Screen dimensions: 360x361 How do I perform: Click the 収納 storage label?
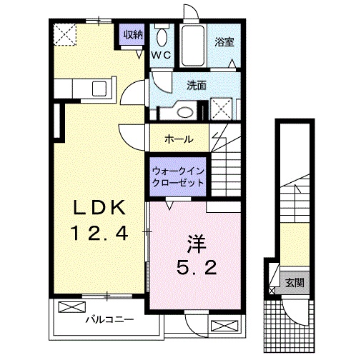(132, 34)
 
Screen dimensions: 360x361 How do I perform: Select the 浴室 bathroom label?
(224, 42)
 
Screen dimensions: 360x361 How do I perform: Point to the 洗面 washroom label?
(197, 85)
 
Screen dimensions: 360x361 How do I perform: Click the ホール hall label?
(179, 139)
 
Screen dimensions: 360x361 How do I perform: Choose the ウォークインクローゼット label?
(177, 176)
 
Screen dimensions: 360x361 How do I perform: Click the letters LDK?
(101, 208)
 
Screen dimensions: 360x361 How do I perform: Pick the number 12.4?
(102, 232)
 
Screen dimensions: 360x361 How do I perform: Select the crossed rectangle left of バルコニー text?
(71, 307)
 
